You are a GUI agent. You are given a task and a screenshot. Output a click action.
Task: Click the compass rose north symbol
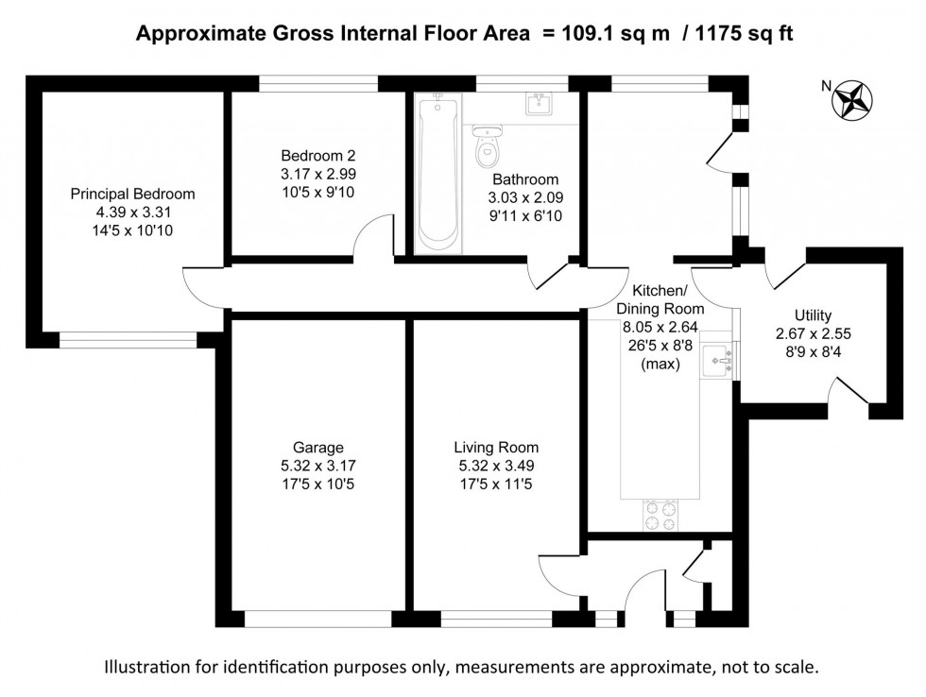pyautogui.click(x=853, y=99)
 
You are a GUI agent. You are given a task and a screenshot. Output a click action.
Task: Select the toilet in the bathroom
pyautogui.click(x=488, y=146)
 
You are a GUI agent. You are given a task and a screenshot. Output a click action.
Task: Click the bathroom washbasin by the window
pyautogui.click(x=539, y=103)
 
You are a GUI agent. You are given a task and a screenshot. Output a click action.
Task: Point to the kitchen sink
pyautogui.click(x=723, y=358)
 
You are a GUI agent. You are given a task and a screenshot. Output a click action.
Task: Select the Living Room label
pyautogui.click(x=496, y=448)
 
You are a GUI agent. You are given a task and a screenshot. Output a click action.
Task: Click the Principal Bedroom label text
pyautogui.click(x=133, y=195)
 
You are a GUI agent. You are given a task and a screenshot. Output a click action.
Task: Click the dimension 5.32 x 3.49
pyautogui.click(x=496, y=467)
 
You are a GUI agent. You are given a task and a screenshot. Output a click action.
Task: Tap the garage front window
pyautogui.click(x=317, y=620)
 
